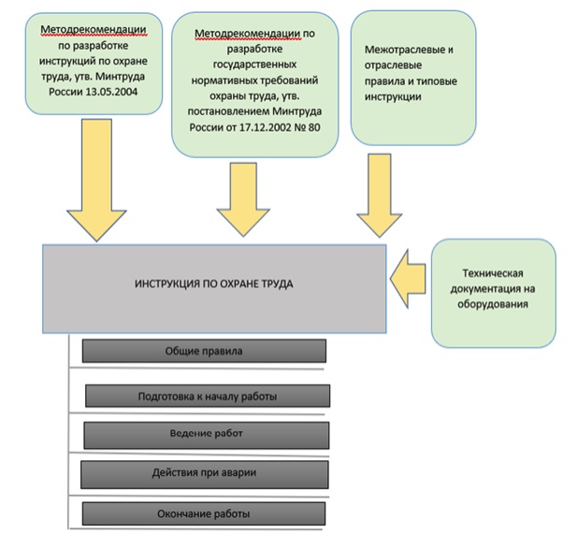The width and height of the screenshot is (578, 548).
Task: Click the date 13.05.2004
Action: pos(111,92)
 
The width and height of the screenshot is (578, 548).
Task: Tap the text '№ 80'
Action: pos(307,127)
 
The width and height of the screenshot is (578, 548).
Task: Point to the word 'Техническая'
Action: pos(493,273)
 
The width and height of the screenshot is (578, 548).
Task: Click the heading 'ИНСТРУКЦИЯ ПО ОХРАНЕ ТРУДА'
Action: pos(214,284)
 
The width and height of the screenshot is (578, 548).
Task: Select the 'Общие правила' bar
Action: pos(204,351)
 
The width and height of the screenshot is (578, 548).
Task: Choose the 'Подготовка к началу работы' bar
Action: pos(208,397)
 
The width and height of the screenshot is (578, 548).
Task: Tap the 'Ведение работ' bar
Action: pos(207,435)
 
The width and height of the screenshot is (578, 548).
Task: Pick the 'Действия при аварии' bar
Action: pos(204,475)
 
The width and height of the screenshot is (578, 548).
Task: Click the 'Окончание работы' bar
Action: pos(204,513)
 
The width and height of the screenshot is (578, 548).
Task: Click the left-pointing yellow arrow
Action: pos(408,279)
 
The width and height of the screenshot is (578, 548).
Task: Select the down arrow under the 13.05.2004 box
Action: pos(96,180)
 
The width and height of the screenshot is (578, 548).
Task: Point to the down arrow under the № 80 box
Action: pos(243,199)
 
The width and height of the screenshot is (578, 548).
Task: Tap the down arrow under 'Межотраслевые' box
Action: pos(380,195)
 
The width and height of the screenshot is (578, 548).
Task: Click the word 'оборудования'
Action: pos(493,305)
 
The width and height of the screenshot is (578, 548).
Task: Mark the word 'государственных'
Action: pos(254,65)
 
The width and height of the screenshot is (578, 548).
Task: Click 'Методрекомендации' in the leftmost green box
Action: pos(94,30)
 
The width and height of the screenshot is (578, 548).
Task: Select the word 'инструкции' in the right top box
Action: pos(393,97)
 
